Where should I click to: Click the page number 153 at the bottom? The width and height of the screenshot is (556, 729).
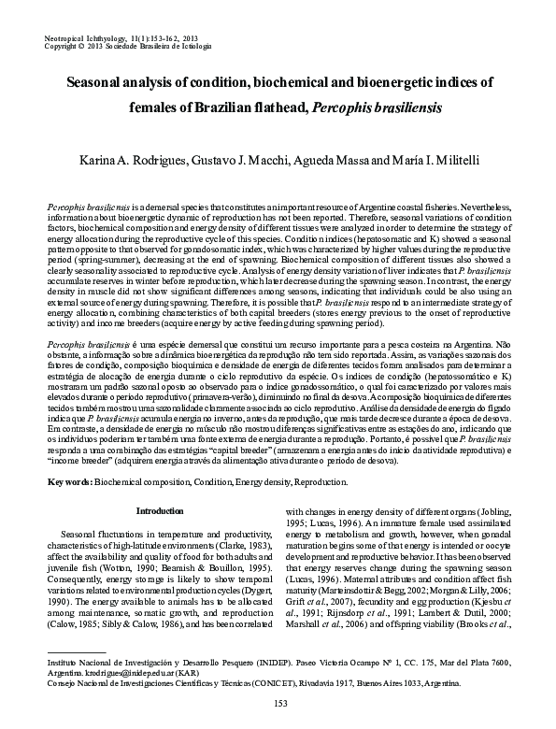point(278,702)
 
